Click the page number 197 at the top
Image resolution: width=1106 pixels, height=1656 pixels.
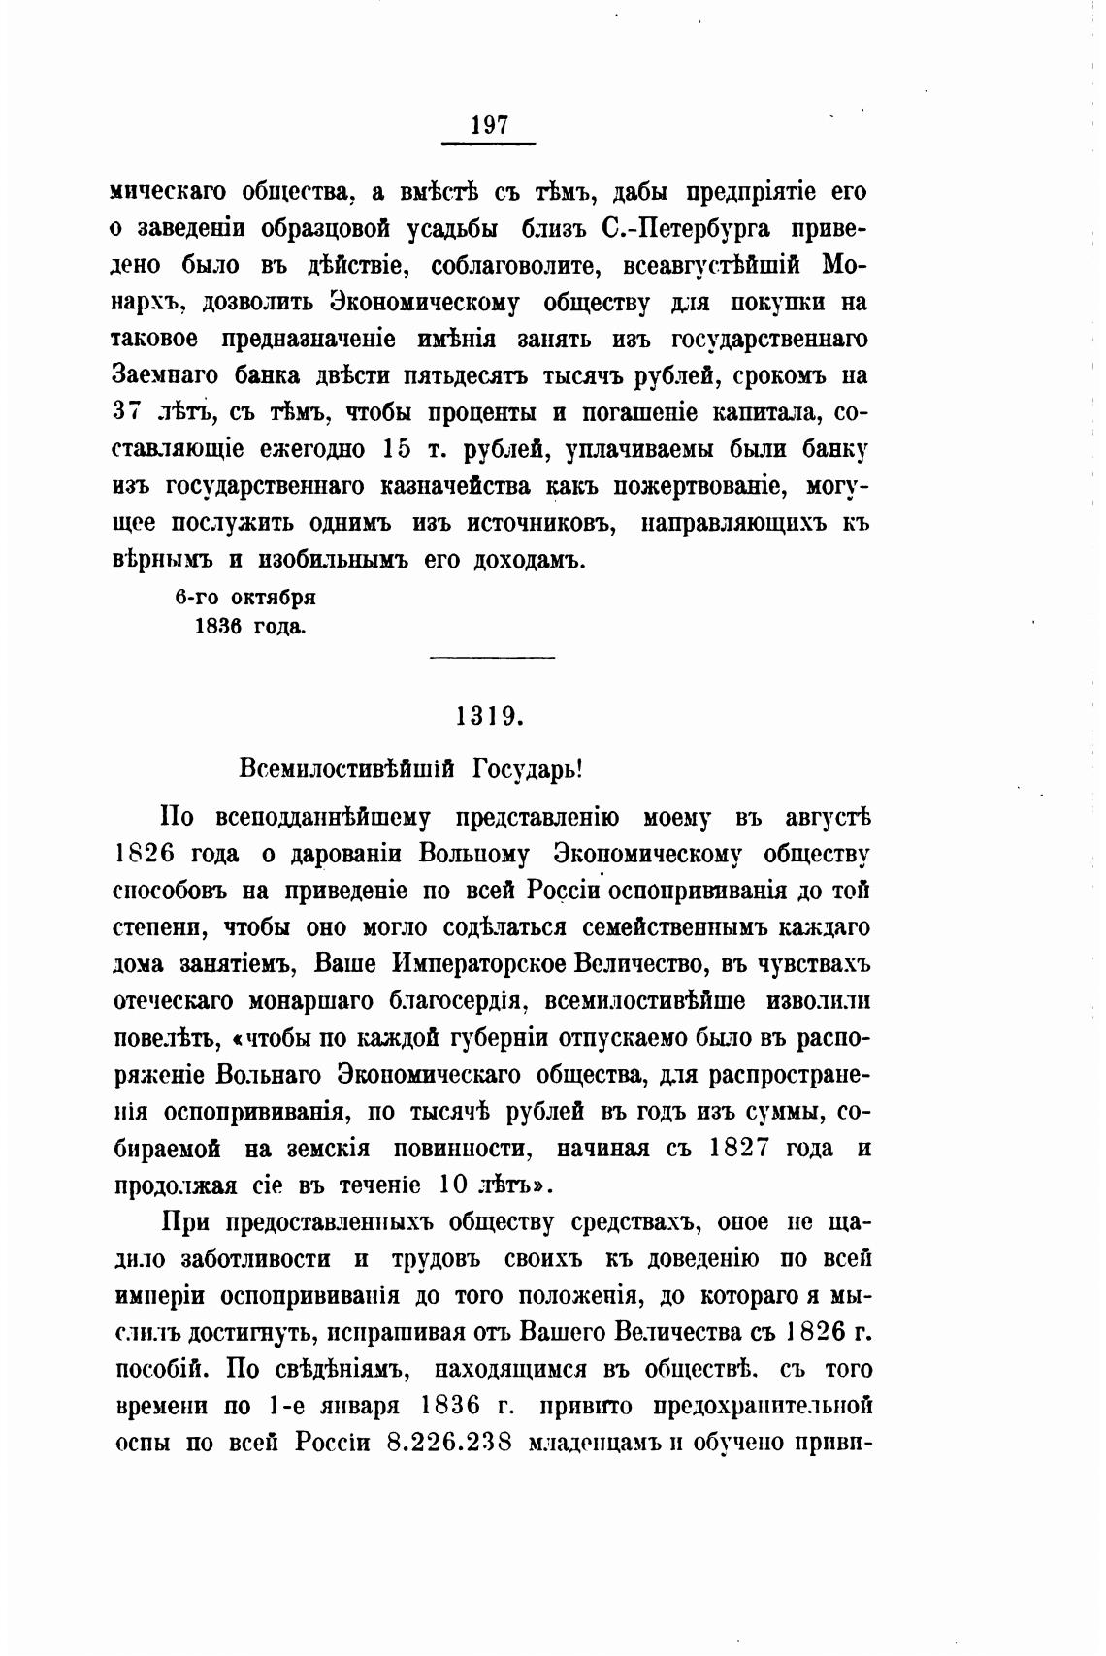(489, 125)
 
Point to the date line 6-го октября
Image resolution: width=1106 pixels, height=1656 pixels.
(245, 598)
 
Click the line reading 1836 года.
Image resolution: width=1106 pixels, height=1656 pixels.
(250, 627)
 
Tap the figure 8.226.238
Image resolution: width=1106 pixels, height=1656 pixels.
(449, 1442)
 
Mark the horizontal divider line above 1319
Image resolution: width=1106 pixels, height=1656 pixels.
(491, 659)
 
